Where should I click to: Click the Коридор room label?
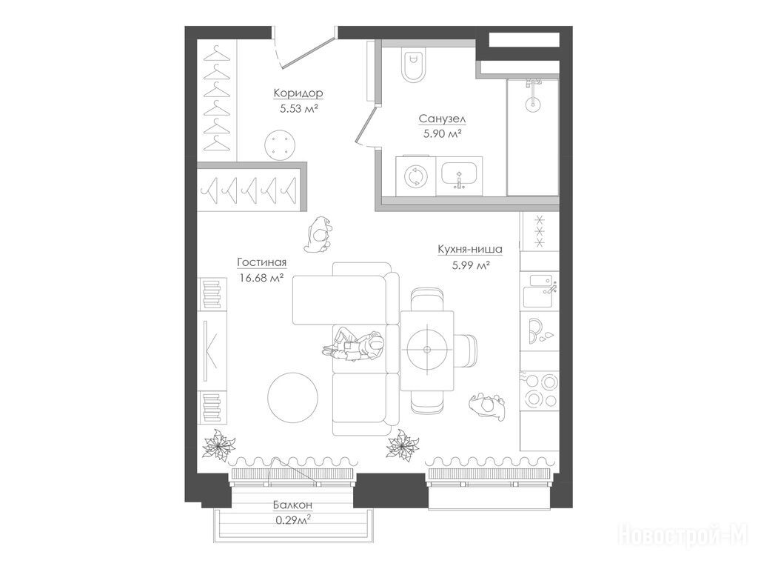(298, 93)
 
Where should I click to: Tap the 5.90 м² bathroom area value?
(442, 133)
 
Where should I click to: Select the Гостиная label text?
(261, 262)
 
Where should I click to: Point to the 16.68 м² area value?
(261, 278)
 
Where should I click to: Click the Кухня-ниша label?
(470, 249)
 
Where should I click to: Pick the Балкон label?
(292, 505)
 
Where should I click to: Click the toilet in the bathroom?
(415, 64)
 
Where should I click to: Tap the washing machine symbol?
(415, 176)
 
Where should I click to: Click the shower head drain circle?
(533, 102)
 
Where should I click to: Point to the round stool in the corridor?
(279, 144)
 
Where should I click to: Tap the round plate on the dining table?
(427, 350)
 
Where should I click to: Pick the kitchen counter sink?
(540, 290)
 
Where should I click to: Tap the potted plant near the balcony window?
(219, 444)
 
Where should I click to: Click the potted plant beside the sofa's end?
(403, 444)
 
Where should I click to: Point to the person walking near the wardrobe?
(318, 234)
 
